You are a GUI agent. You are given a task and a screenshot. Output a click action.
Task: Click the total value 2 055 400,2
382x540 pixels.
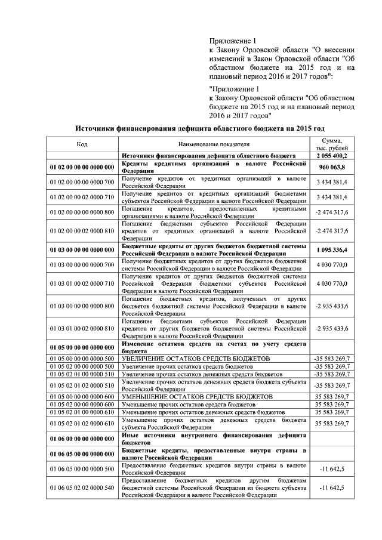[x=331, y=156]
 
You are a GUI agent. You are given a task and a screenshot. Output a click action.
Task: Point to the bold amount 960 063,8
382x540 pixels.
[x=332, y=166]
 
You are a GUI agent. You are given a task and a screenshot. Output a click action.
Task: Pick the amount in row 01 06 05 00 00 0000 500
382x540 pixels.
[x=332, y=469]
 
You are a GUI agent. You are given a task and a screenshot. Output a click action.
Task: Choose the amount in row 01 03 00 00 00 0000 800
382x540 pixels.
[x=332, y=306]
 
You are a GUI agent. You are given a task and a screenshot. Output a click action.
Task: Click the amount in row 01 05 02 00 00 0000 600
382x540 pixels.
[x=332, y=404]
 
